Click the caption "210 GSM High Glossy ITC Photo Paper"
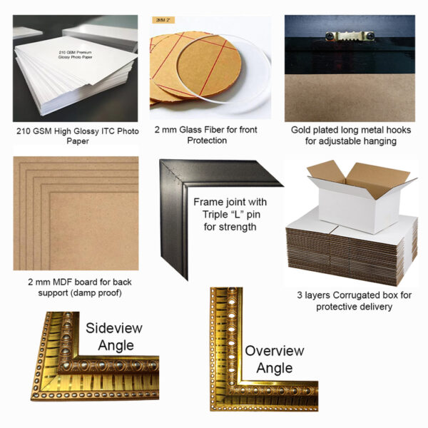(75, 136)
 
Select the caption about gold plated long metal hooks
(350, 136)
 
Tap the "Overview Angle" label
(274, 360)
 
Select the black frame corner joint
(178, 207)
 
